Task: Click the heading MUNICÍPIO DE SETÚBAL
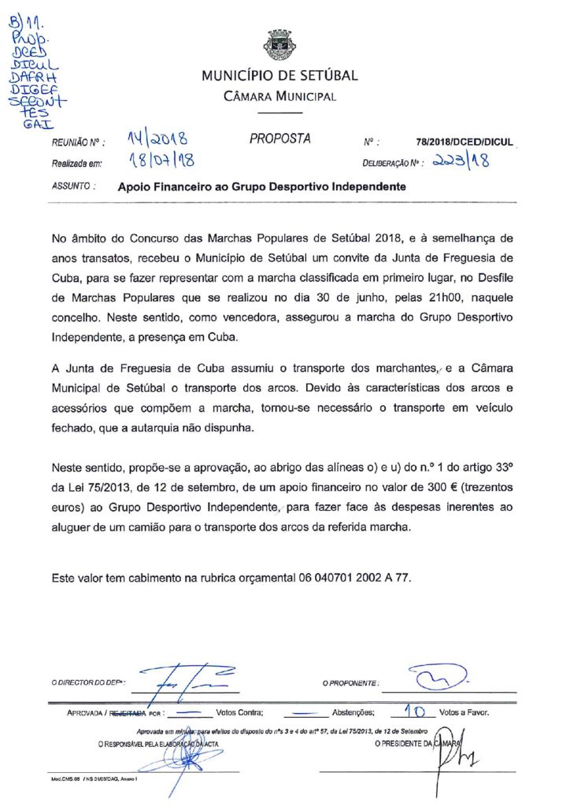coord(279,76)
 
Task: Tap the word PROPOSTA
coord(280,139)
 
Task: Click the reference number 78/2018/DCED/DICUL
coord(465,142)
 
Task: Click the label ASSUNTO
coord(73,187)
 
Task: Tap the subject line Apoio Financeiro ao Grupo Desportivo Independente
coord(261,187)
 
